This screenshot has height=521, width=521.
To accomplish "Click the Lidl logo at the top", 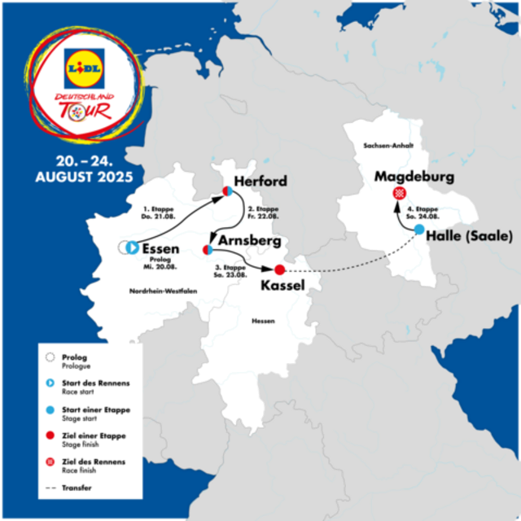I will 84,69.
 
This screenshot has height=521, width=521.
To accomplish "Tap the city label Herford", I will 260,181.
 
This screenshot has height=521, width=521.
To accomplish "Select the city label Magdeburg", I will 414,177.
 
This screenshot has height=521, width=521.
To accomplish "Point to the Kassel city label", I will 282,286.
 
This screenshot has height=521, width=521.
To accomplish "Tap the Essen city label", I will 160,248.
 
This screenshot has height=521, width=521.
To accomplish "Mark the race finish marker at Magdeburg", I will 399,193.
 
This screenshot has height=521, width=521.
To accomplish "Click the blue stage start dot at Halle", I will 418,230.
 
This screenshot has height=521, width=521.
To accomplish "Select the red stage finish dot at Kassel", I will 279,269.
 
